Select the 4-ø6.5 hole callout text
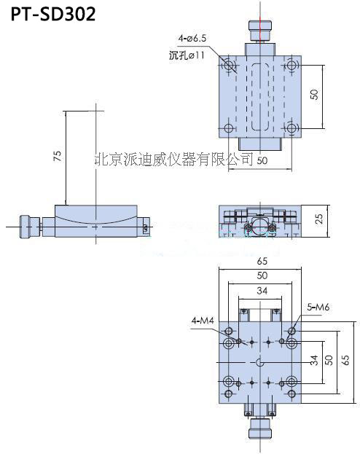coord(192,37)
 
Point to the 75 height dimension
coord(58,155)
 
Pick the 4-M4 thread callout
coord(203,320)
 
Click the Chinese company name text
coord(173,158)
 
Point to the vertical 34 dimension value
coord(314,361)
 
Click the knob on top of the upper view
coord(260,31)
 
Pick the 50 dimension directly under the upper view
coord(261,160)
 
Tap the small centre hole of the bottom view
coord(261,361)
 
